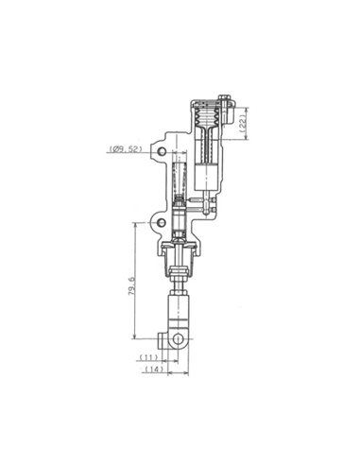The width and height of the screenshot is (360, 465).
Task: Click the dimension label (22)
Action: (x=244, y=122)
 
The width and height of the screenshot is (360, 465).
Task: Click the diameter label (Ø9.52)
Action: (x=124, y=149)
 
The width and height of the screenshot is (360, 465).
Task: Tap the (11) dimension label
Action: (x=148, y=358)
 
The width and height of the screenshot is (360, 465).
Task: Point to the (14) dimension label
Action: (x=148, y=371)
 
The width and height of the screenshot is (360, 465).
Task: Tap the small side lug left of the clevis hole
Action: (x=162, y=337)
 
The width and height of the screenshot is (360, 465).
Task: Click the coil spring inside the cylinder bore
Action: (x=180, y=180)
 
